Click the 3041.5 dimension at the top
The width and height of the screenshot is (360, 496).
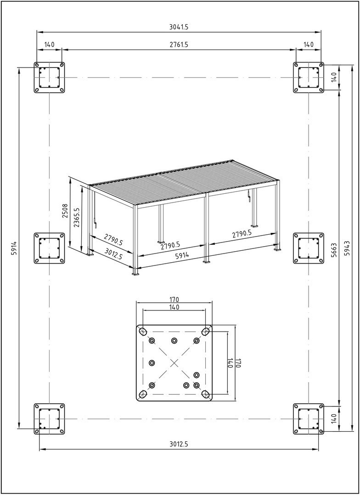point(179,27)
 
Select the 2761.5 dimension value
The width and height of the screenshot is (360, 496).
point(179,45)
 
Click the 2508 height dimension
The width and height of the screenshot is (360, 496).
point(65,212)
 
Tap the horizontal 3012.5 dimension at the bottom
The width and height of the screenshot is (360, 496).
point(179,444)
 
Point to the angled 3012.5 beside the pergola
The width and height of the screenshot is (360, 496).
point(113,254)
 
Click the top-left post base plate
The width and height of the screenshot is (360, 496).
point(49,77)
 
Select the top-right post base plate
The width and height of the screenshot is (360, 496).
point(309,77)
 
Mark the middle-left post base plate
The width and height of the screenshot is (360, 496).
point(49,248)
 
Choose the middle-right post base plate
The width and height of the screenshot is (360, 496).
point(309,248)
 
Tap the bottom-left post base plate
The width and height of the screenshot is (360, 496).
point(49,419)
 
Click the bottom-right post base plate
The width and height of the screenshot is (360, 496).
point(309,419)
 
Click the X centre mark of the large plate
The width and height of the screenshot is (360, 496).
point(174,363)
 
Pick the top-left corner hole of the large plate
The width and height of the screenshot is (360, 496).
point(143,332)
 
